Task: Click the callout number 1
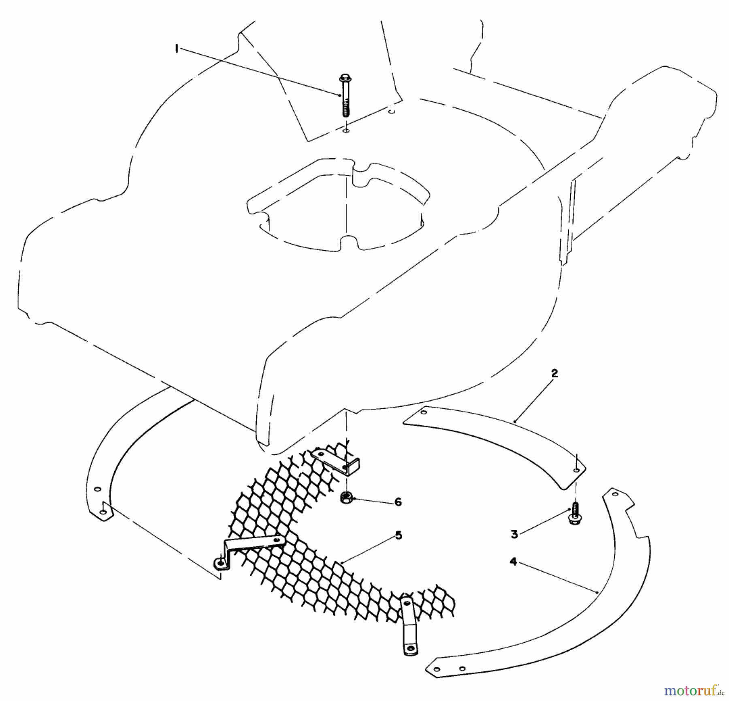(177, 49)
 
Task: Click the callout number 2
(554, 373)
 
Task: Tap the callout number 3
(514, 534)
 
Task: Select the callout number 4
(514, 562)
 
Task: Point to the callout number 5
(399, 536)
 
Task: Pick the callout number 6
(398, 502)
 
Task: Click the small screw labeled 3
(573, 515)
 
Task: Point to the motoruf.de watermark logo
(696, 689)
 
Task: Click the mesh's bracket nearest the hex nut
(338, 462)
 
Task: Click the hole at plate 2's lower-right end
(576, 470)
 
